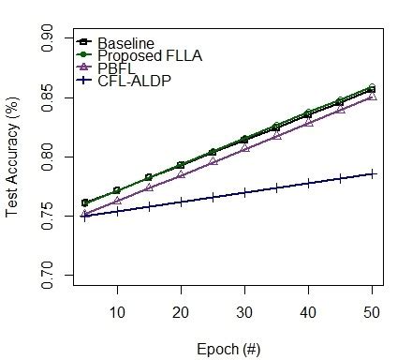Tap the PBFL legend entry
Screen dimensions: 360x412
116,68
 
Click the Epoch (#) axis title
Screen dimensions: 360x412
229,348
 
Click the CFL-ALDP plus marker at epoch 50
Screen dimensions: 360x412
373,173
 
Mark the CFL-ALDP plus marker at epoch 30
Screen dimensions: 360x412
245,192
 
